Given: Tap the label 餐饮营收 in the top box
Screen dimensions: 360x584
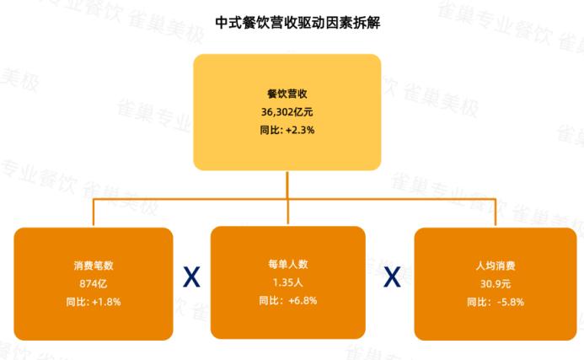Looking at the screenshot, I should pyautogui.click(x=287, y=94).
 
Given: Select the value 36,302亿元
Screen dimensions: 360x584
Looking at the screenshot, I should pyautogui.click(x=287, y=111).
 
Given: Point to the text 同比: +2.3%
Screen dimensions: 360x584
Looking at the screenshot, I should pyautogui.click(x=287, y=130).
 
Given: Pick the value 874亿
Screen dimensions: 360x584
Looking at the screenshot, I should pyautogui.click(x=93, y=282).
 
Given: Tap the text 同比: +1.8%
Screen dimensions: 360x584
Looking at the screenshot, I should pyautogui.click(x=93, y=301).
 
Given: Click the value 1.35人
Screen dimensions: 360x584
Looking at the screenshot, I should pyautogui.click(x=287, y=282).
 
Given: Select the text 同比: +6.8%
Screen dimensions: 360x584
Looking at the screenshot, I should pyautogui.click(x=287, y=301).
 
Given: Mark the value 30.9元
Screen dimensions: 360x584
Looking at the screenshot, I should pyautogui.click(x=496, y=282).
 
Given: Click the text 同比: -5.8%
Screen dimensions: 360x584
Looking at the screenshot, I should pyautogui.click(x=496, y=301).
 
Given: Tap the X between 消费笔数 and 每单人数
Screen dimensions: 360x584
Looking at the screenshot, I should pyautogui.click(x=192, y=277).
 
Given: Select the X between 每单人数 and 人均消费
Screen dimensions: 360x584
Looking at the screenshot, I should pyautogui.click(x=393, y=277).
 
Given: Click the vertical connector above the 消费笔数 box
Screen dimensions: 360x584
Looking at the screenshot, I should pyautogui.click(x=93, y=212).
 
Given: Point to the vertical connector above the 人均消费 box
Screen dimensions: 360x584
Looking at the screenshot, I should pyautogui.click(x=496, y=212).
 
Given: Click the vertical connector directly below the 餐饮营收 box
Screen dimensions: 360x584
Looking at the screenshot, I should pyautogui.click(x=287, y=184).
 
